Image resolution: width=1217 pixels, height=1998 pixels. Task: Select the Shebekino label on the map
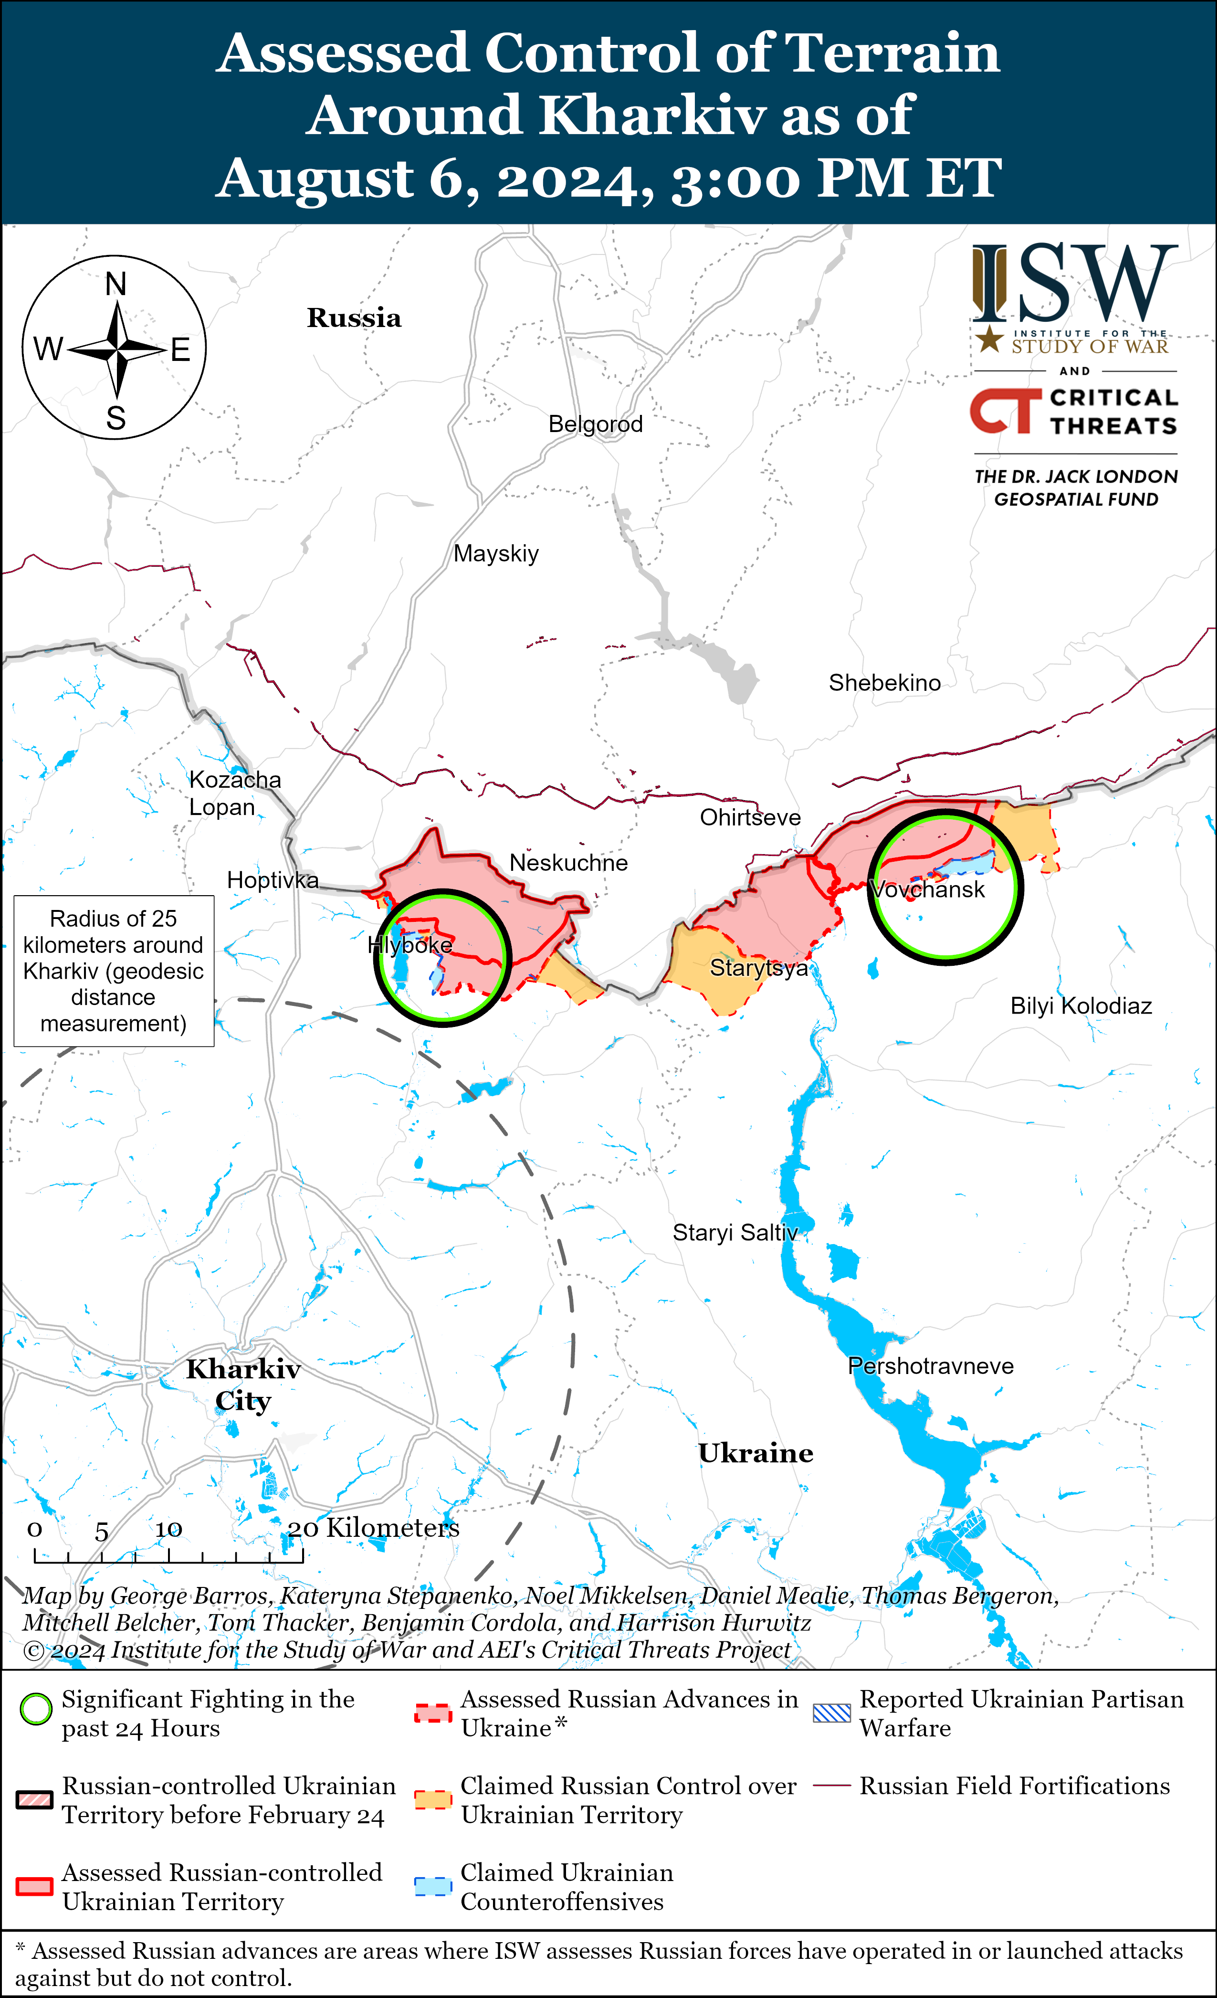tap(884, 683)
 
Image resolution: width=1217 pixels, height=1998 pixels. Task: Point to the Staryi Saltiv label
tap(734, 1233)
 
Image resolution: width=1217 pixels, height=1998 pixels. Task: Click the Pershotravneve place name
tap(930, 1366)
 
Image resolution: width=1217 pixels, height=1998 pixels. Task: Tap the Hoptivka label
tap(273, 880)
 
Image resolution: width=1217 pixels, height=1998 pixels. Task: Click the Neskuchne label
tap(568, 863)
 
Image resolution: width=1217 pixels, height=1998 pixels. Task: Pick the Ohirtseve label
tap(750, 817)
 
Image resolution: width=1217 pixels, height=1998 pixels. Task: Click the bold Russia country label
tap(354, 318)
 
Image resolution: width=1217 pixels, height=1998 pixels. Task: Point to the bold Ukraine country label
tap(755, 1453)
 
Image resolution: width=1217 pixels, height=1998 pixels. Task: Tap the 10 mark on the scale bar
tap(168, 1529)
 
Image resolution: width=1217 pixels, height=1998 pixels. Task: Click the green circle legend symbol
tap(36, 1709)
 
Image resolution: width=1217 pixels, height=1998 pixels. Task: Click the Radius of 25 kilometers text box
tap(114, 971)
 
